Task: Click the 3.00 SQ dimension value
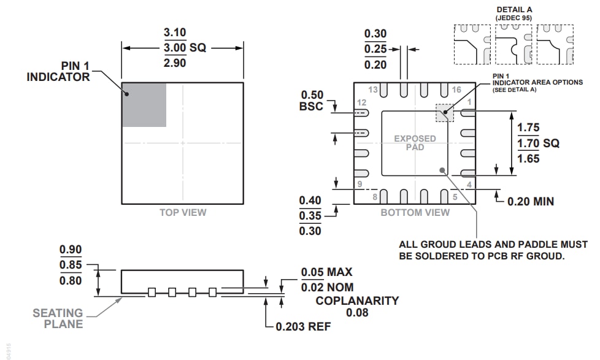point(182,48)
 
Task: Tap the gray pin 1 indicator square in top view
point(144,104)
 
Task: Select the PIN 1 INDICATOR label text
point(58,71)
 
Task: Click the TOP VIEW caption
point(183,213)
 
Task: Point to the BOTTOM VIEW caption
point(415,213)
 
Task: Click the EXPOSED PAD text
point(415,143)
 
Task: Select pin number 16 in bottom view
point(456,90)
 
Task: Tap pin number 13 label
point(373,90)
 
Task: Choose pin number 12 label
point(361,102)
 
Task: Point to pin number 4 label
point(469,185)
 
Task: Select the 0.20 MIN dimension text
point(531,201)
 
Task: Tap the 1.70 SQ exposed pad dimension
point(538,144)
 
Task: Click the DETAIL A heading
point(514,10)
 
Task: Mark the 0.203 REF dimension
point(303,327)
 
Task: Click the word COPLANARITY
point(357,301)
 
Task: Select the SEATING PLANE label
point(58,318)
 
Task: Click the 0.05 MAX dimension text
point(326,272)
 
